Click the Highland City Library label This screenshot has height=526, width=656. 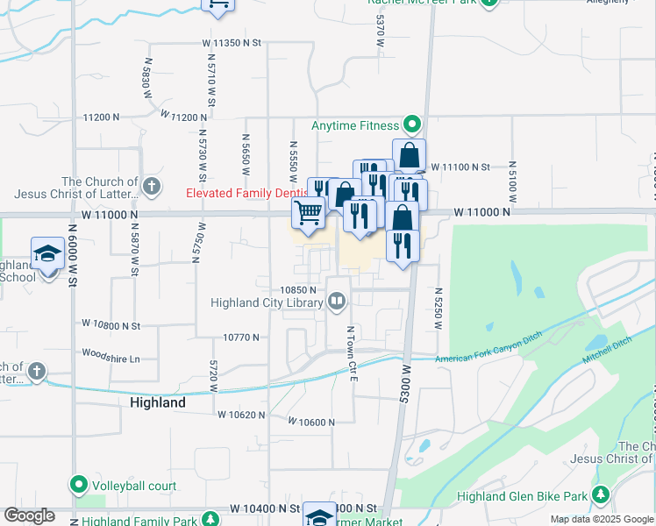[267, 303]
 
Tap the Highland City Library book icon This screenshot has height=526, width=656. [336, 302]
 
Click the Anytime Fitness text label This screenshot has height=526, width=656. [355, 125]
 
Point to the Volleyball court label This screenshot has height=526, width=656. [135, 486]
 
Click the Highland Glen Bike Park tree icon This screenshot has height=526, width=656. [602, 497]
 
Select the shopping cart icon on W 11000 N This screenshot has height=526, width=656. [308, 212]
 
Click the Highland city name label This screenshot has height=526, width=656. [158, 403]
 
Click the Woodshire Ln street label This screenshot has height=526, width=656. [111, 359]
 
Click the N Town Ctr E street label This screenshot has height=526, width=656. [351, 354]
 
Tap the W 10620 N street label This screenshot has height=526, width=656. [241, 415]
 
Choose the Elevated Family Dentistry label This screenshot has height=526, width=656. [246, 193]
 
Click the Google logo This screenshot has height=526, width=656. [29, 515]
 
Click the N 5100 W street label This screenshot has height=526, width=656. [509, 185]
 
